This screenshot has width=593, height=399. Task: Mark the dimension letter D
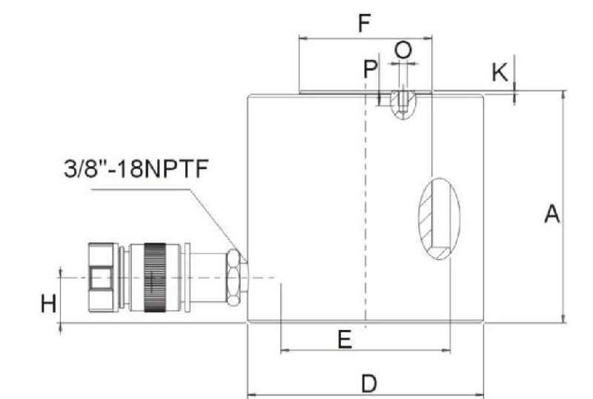point(368,383)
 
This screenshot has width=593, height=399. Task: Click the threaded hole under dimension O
point(401,103)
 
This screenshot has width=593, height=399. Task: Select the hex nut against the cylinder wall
point(235,277)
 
